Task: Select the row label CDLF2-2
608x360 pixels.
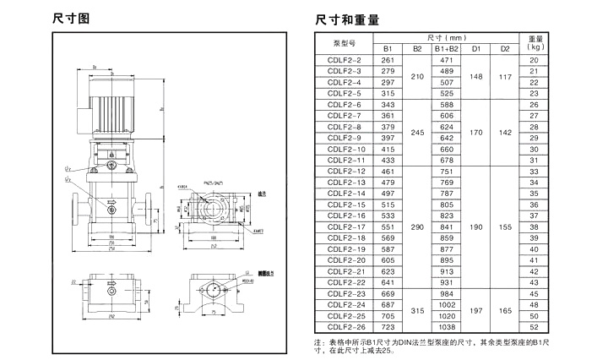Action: pyautogui.click(x=344, y=60)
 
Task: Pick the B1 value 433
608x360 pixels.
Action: pyautogui.click(x=388, y=160)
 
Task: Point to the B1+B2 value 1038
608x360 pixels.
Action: pyautogui.click(x=447, y=325)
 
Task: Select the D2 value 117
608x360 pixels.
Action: pyautogui.click(x=505, y=77)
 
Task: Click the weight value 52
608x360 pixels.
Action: pyautogui.click(x=534, y=325)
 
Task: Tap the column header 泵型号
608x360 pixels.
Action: pyautogui.click(x=344, y=43)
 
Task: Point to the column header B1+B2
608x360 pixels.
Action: pyautogui.click(x=447, y=49)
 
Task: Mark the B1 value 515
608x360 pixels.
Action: pyautogui.click(x=388, y=204)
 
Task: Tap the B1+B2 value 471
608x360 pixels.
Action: pyautogui.click(x=447, y=60)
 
